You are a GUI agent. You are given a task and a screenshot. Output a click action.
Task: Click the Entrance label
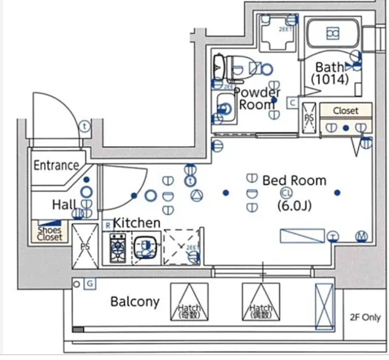pyautogui.click(x=56, y=166)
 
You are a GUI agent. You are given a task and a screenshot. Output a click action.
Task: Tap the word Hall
pyautogui.click(x=64, y=204)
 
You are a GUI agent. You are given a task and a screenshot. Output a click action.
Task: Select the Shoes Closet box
pyautogui.click(x=50, y=233)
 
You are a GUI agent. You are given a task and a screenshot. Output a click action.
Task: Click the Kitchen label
pyautogui.click(x=136, y=222)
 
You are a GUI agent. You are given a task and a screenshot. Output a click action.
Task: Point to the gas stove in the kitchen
pyautogui.click(x=118, y=248)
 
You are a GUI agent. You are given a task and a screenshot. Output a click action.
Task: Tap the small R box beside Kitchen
pyautogui.click(x=108, y=224)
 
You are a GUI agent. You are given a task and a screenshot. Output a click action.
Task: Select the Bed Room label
pyautogui.click(x=294, y=180)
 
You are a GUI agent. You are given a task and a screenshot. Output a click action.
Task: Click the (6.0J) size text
pyautogui.click(x=294, y=206)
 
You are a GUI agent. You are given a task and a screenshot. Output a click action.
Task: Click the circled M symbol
pyautogui.click(x=361, y=236)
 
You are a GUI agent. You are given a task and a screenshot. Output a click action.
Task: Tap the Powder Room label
pyautogui.click(x=257, y=98)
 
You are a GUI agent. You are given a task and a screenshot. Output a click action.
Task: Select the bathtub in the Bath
pyautogui.click(x=332, y=33)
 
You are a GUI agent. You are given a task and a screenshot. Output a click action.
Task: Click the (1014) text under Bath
pyautogui.click(x=330, y=80)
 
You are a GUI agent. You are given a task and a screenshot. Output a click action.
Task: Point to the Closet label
pyautogui.click(x=346, y=110)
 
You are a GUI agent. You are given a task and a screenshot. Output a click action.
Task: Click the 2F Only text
pyautogui.click(x=365, y=318)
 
